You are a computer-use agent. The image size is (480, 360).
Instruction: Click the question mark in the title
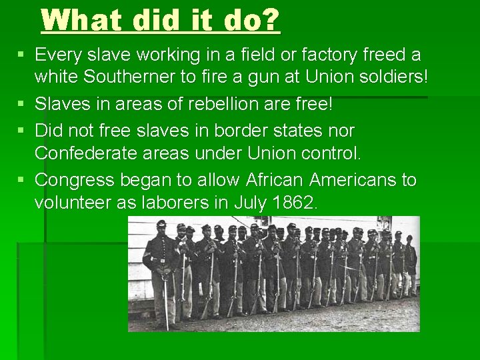click(x=271, y=20)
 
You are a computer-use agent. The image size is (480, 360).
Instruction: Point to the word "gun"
click(x=255, y=78)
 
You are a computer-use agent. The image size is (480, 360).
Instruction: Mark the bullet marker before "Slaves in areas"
click(x=22, y=103)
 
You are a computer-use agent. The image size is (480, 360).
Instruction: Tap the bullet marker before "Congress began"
click(x=22, y=180)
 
